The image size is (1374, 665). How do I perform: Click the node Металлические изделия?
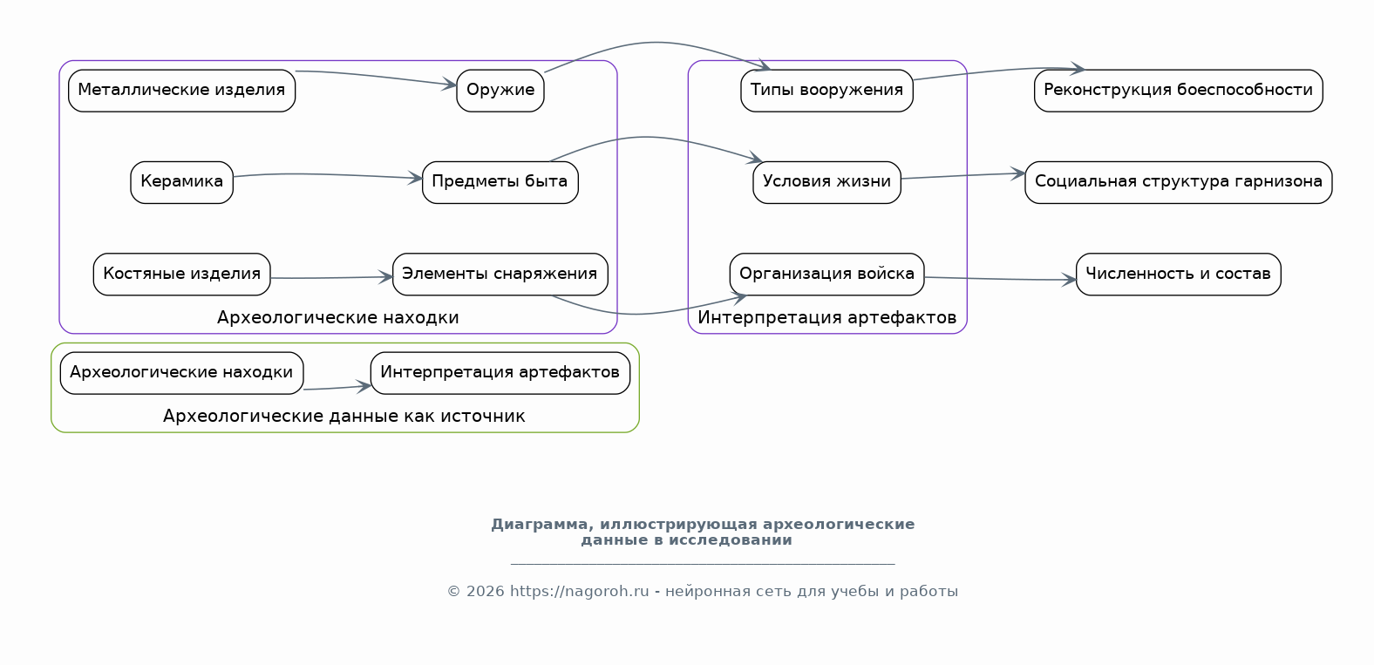coord(181,91)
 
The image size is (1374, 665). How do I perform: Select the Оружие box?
coord(500,91)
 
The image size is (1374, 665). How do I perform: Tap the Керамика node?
coord(181,182)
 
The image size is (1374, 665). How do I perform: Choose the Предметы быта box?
coord(500,182)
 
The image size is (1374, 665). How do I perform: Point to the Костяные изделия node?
coord(181,275)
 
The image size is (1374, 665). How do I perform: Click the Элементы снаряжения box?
coord(500,275)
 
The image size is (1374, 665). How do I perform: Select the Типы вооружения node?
coord(826,91)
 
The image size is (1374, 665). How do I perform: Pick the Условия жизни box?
coord(826,182)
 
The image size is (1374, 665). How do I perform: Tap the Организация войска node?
coord(826,275)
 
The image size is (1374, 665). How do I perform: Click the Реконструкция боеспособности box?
coord(1179,91)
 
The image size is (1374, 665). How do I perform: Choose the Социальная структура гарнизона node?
coord(1179,182)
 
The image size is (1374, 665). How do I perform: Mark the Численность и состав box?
coord(1179,275)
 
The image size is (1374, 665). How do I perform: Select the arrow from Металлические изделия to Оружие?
coord(376,76)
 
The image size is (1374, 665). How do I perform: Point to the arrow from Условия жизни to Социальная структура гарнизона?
coord(963,176)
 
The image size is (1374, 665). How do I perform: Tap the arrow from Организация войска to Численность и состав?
coord(1000,279)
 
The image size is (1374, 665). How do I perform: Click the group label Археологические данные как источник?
coord(344,416)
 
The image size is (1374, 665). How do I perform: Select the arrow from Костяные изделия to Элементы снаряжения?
coord(331,278)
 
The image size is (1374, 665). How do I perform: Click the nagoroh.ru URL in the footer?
coord(579,592)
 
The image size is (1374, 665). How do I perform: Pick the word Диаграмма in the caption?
coord(542,525)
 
